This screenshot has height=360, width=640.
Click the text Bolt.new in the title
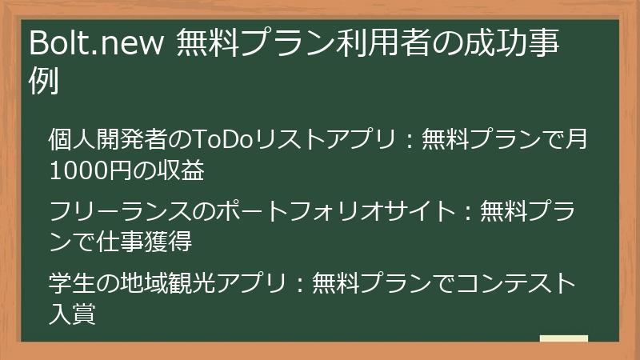coord(94,45)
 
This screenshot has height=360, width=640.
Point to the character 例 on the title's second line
coord(45,82)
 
